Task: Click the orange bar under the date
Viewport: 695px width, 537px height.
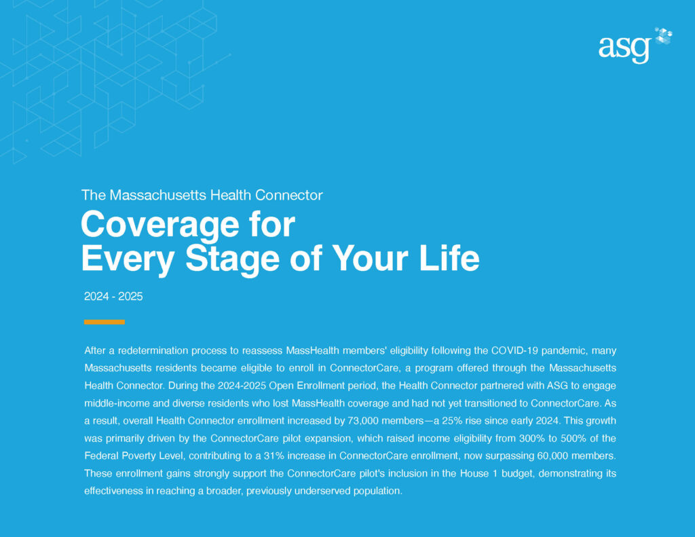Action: (x=104, y=322)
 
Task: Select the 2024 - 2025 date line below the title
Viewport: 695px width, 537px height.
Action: (x=113, y=296)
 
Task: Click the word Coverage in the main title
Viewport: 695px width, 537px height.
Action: (x=161, y=225)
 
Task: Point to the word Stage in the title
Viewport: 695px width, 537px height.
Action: (x=232, y=259)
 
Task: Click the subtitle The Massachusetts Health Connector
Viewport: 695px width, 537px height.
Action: (x=202, y=195)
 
